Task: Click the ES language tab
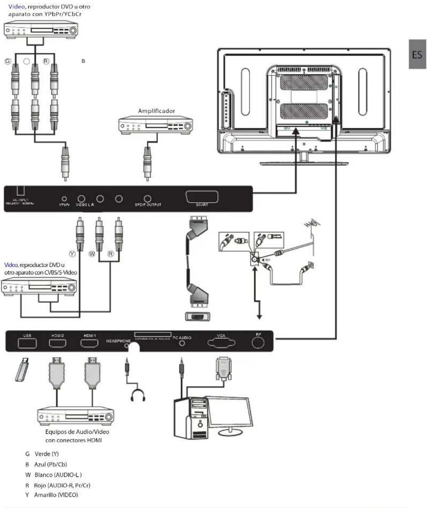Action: click(417, 54)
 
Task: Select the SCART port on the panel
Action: click(202, 197)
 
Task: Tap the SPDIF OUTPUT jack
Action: click(148, 199)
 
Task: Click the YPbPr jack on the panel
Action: click(64, 199)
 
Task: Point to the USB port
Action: click(27, 343)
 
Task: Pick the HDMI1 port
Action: click(89, 343)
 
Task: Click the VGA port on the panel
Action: click(221, 343)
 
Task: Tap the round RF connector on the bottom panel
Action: click(258, 343)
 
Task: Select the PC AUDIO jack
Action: click(182, 343)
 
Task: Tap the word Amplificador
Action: click(156, 111)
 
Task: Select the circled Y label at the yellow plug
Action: click(72, 254)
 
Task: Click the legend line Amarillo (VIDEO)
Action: click(52, 495)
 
